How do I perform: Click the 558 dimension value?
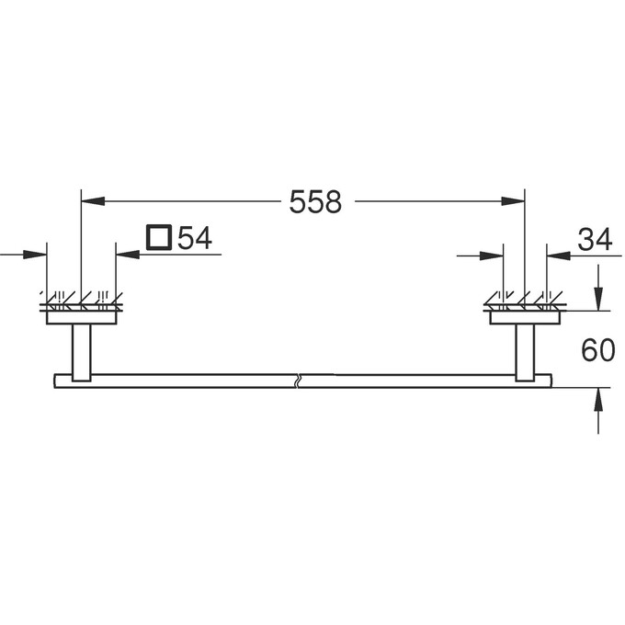pos(315,202)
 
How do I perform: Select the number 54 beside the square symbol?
pos(195,239)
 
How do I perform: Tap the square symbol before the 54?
pos(158,238)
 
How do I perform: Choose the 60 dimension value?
pos(597,350)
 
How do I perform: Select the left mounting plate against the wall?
pos(82,318)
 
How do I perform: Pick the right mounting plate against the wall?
pos(525,318)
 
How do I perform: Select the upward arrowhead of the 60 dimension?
pos(598,398)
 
